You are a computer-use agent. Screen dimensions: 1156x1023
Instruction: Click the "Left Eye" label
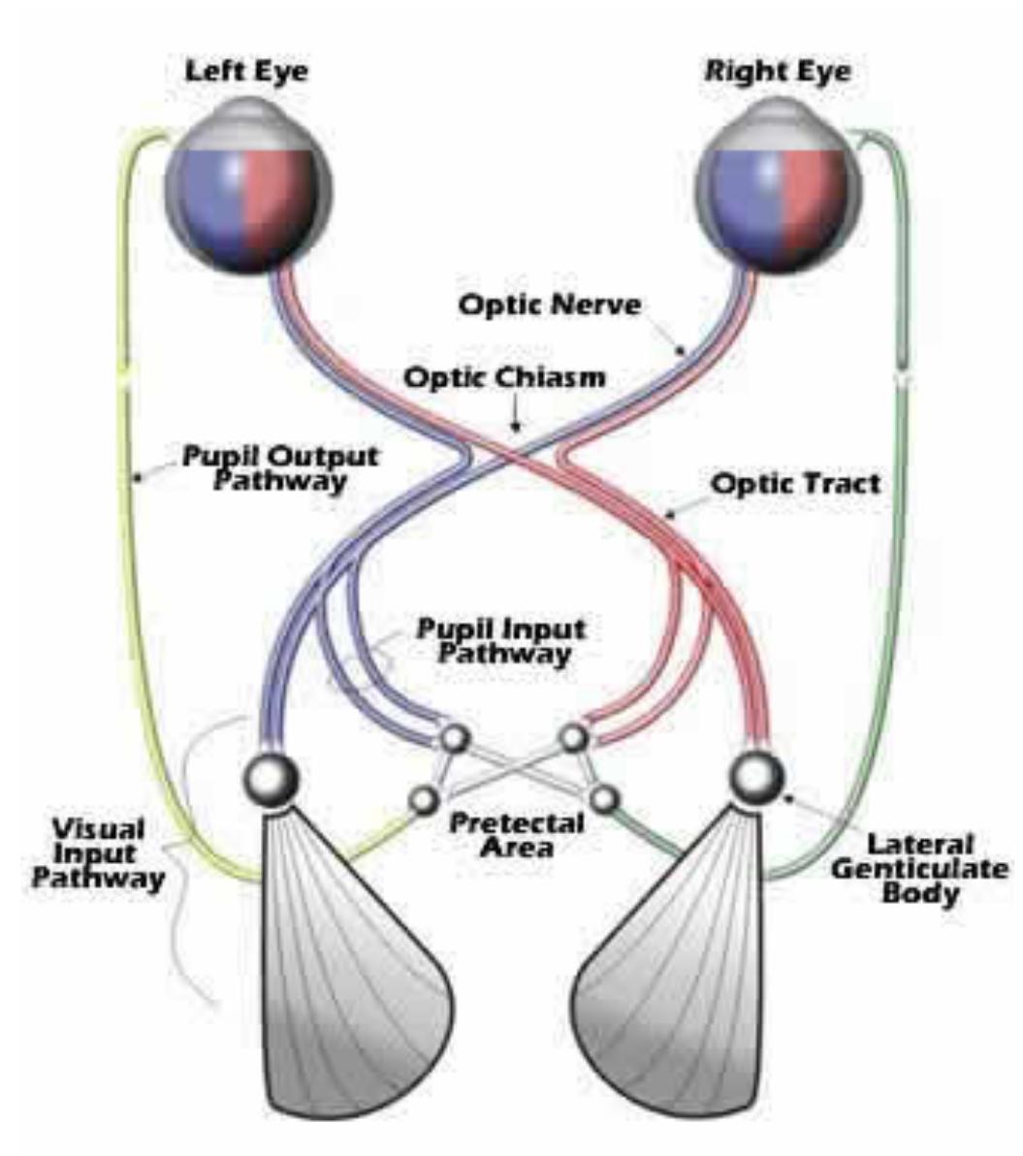click(246, 72)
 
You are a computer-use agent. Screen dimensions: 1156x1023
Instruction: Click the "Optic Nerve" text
click(550, 305)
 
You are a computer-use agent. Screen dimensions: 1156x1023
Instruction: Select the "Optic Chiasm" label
click(504, 376)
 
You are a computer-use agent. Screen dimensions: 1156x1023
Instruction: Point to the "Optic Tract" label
click(796, 482)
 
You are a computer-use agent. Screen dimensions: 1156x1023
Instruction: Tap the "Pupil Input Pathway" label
click(501, 640)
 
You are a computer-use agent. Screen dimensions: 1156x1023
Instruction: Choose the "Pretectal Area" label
click(517, 834)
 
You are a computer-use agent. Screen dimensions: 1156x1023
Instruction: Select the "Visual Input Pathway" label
click(97, 854)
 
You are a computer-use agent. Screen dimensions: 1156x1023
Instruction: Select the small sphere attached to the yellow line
click(424, 800)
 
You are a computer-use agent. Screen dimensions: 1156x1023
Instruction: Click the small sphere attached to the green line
click(604, 800)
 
